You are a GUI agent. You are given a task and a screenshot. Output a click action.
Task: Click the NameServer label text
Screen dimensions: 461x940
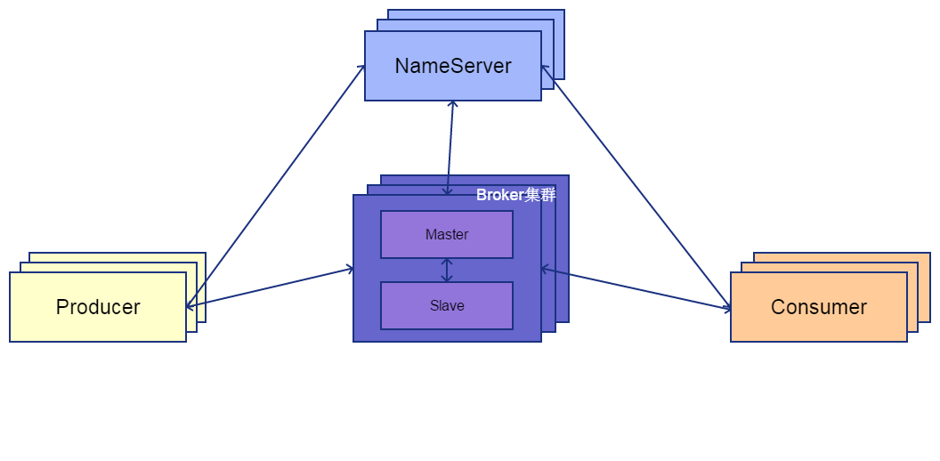point(453,66)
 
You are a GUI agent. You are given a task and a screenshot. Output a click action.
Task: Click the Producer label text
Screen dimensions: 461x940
point(98,307)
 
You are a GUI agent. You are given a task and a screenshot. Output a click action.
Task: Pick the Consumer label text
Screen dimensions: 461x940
point(819,307)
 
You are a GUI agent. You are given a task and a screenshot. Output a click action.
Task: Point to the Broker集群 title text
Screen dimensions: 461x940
point(515,195)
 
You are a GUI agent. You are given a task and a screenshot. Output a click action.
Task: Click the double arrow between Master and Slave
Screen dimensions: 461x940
point(447,270)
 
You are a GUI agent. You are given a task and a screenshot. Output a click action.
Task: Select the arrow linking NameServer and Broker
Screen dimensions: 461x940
point(450,147)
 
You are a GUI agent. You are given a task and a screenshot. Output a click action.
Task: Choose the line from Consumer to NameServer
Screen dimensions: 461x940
point(636,187)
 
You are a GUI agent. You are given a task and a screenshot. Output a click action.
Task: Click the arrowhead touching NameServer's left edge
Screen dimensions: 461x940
point(361,68)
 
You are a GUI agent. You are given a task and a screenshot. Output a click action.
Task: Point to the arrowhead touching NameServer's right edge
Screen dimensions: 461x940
point(545,69)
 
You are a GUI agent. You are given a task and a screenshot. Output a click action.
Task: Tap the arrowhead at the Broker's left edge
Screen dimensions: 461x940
point(349,268)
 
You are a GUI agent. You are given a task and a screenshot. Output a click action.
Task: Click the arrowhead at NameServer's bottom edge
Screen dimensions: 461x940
point(453,105)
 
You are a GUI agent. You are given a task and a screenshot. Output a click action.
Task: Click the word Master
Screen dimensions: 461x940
point(447,235)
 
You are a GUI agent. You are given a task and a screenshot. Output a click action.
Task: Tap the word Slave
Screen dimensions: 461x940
point(447,305)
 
